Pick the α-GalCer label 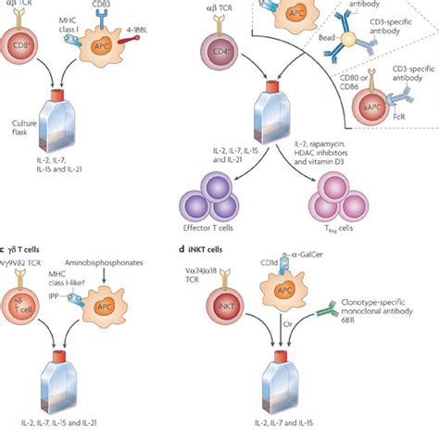(x=345, y=258)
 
